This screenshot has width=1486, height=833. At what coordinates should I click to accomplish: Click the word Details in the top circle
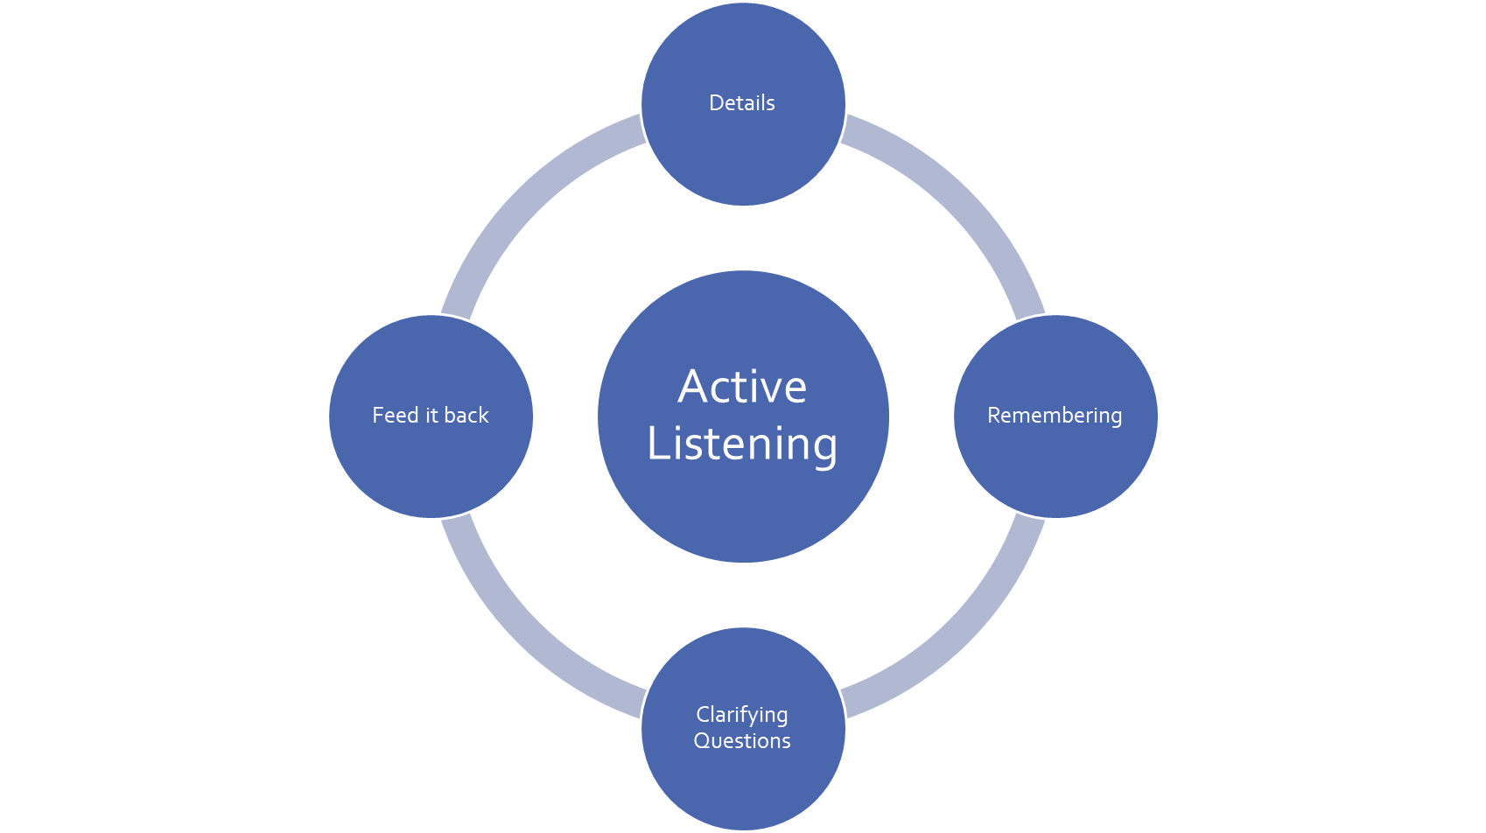[742, 103]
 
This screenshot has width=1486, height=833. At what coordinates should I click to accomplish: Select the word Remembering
[1055, 416]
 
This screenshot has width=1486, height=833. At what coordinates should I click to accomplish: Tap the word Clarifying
[742, 716]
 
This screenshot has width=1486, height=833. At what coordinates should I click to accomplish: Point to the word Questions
[742, 741]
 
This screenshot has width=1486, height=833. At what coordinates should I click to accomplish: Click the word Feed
[396, 416]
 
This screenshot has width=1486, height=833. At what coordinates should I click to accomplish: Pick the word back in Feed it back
[466, 416]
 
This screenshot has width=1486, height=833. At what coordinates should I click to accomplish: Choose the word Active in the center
[742, 387]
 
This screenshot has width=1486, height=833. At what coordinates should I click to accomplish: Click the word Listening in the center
[742, 444]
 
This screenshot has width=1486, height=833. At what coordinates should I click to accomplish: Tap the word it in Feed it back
[431, 416]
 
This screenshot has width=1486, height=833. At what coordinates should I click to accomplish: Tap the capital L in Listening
[657, 443]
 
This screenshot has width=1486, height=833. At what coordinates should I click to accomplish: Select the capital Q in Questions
[702, 741]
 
